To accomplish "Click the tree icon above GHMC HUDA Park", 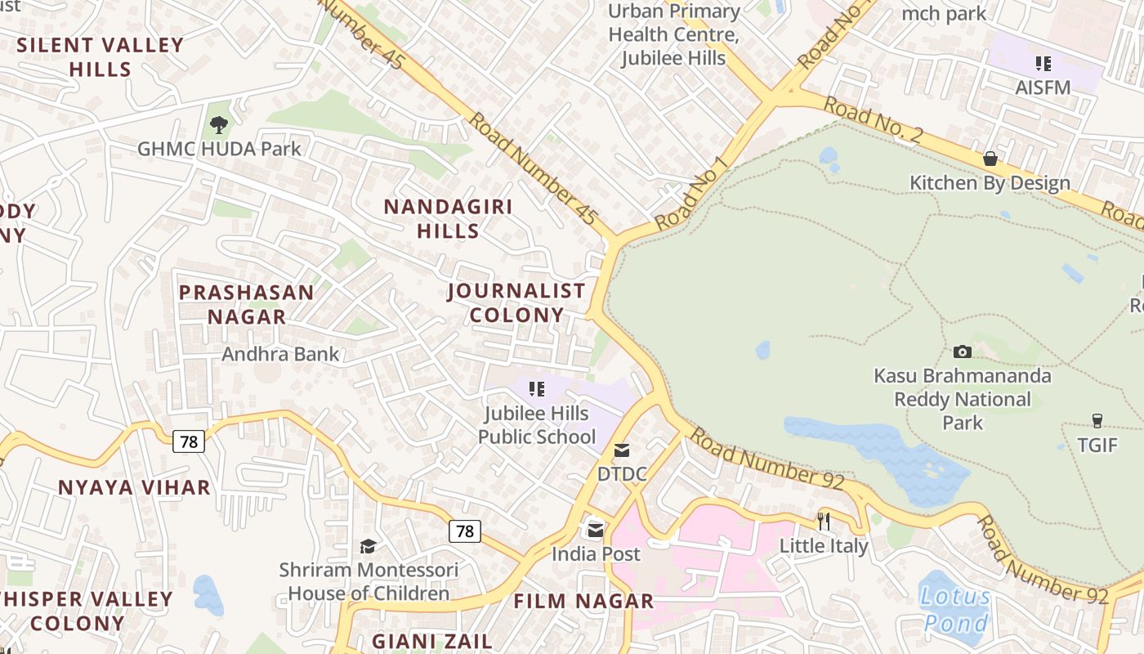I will (x=218, y=124).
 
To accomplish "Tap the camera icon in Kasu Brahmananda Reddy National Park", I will (x=963, y=352).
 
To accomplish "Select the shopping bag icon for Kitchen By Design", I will (x=990, y=158).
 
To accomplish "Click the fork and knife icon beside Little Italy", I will (x=824, y=520).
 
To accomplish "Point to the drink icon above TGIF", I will (x=1097, y=421).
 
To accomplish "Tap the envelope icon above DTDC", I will (x=622, y=450).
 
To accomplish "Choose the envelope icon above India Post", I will (x=595, y=530).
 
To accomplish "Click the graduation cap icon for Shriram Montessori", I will (x=369, y=545).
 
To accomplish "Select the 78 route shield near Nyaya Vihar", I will (x=189, y=441).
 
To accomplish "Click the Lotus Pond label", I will (x=954, y=610).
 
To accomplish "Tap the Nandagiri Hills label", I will (x=448, y=218).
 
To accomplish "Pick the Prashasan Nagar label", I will (x=246, y=304).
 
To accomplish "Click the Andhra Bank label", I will (x=280, y=354).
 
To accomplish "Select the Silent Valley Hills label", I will (x=100, y=56).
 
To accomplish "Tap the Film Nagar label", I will (x=583, y=601).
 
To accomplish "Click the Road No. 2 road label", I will (x=872, y=119).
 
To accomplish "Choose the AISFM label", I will (x=1042, y=87).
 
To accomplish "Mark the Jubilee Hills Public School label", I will (x=537, y=425).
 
